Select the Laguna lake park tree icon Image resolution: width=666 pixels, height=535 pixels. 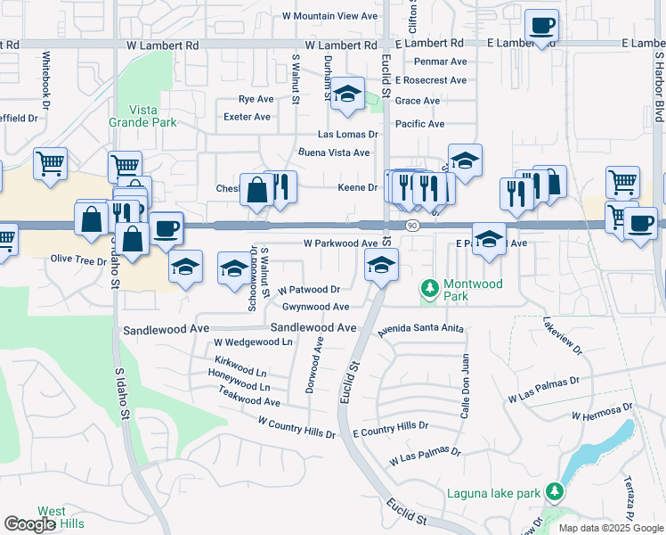point(555,492)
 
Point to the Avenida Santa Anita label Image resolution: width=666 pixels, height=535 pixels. point(421,328)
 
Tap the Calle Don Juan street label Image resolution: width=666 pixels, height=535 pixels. point(464,387)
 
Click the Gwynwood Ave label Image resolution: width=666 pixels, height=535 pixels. point(315,306)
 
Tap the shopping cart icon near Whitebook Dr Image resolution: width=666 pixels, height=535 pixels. point(50,163)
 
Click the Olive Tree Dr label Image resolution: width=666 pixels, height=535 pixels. point(78,259)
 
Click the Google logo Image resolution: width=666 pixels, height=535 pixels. point(29,524)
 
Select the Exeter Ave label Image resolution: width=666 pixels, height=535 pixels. point(248,117)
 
